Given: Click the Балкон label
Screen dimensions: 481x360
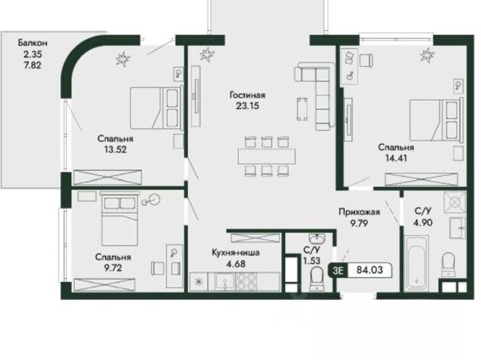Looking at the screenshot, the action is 32,43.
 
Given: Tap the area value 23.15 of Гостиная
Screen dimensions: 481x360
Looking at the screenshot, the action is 247,106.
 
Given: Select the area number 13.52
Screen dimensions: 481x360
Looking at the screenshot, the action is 115,150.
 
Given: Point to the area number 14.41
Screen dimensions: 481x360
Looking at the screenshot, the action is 396,159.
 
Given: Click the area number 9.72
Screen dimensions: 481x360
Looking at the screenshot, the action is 113,268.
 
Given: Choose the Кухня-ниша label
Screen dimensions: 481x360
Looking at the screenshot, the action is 235,253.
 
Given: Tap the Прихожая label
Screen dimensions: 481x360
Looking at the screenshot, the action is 359,212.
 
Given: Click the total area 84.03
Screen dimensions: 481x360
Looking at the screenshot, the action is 370,270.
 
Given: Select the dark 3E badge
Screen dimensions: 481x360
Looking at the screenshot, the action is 337,271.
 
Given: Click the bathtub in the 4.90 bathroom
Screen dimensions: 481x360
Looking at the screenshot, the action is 416,263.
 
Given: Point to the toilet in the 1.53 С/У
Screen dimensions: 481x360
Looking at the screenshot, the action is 316,278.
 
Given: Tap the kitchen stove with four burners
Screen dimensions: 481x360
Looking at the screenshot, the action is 246,282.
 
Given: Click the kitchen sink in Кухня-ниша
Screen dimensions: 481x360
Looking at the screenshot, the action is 224,282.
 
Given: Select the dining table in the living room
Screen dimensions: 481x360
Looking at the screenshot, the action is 267,156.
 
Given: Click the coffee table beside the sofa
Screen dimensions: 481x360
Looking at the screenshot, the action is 302,109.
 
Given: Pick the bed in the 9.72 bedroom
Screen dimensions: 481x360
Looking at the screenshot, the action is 119,219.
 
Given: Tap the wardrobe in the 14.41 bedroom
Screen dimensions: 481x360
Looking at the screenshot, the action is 421,180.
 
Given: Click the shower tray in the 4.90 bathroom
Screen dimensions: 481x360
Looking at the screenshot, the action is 455,202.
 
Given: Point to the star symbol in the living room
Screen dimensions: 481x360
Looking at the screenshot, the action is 207,55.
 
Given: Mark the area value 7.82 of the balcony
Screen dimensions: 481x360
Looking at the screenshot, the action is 32,65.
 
